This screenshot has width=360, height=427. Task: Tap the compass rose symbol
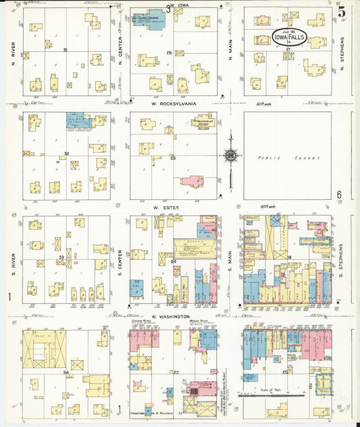230,156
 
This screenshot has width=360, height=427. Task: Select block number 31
65,50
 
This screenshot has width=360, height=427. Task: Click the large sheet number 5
342,11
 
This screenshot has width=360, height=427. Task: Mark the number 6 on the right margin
340,195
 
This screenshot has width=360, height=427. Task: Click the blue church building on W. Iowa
149,21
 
